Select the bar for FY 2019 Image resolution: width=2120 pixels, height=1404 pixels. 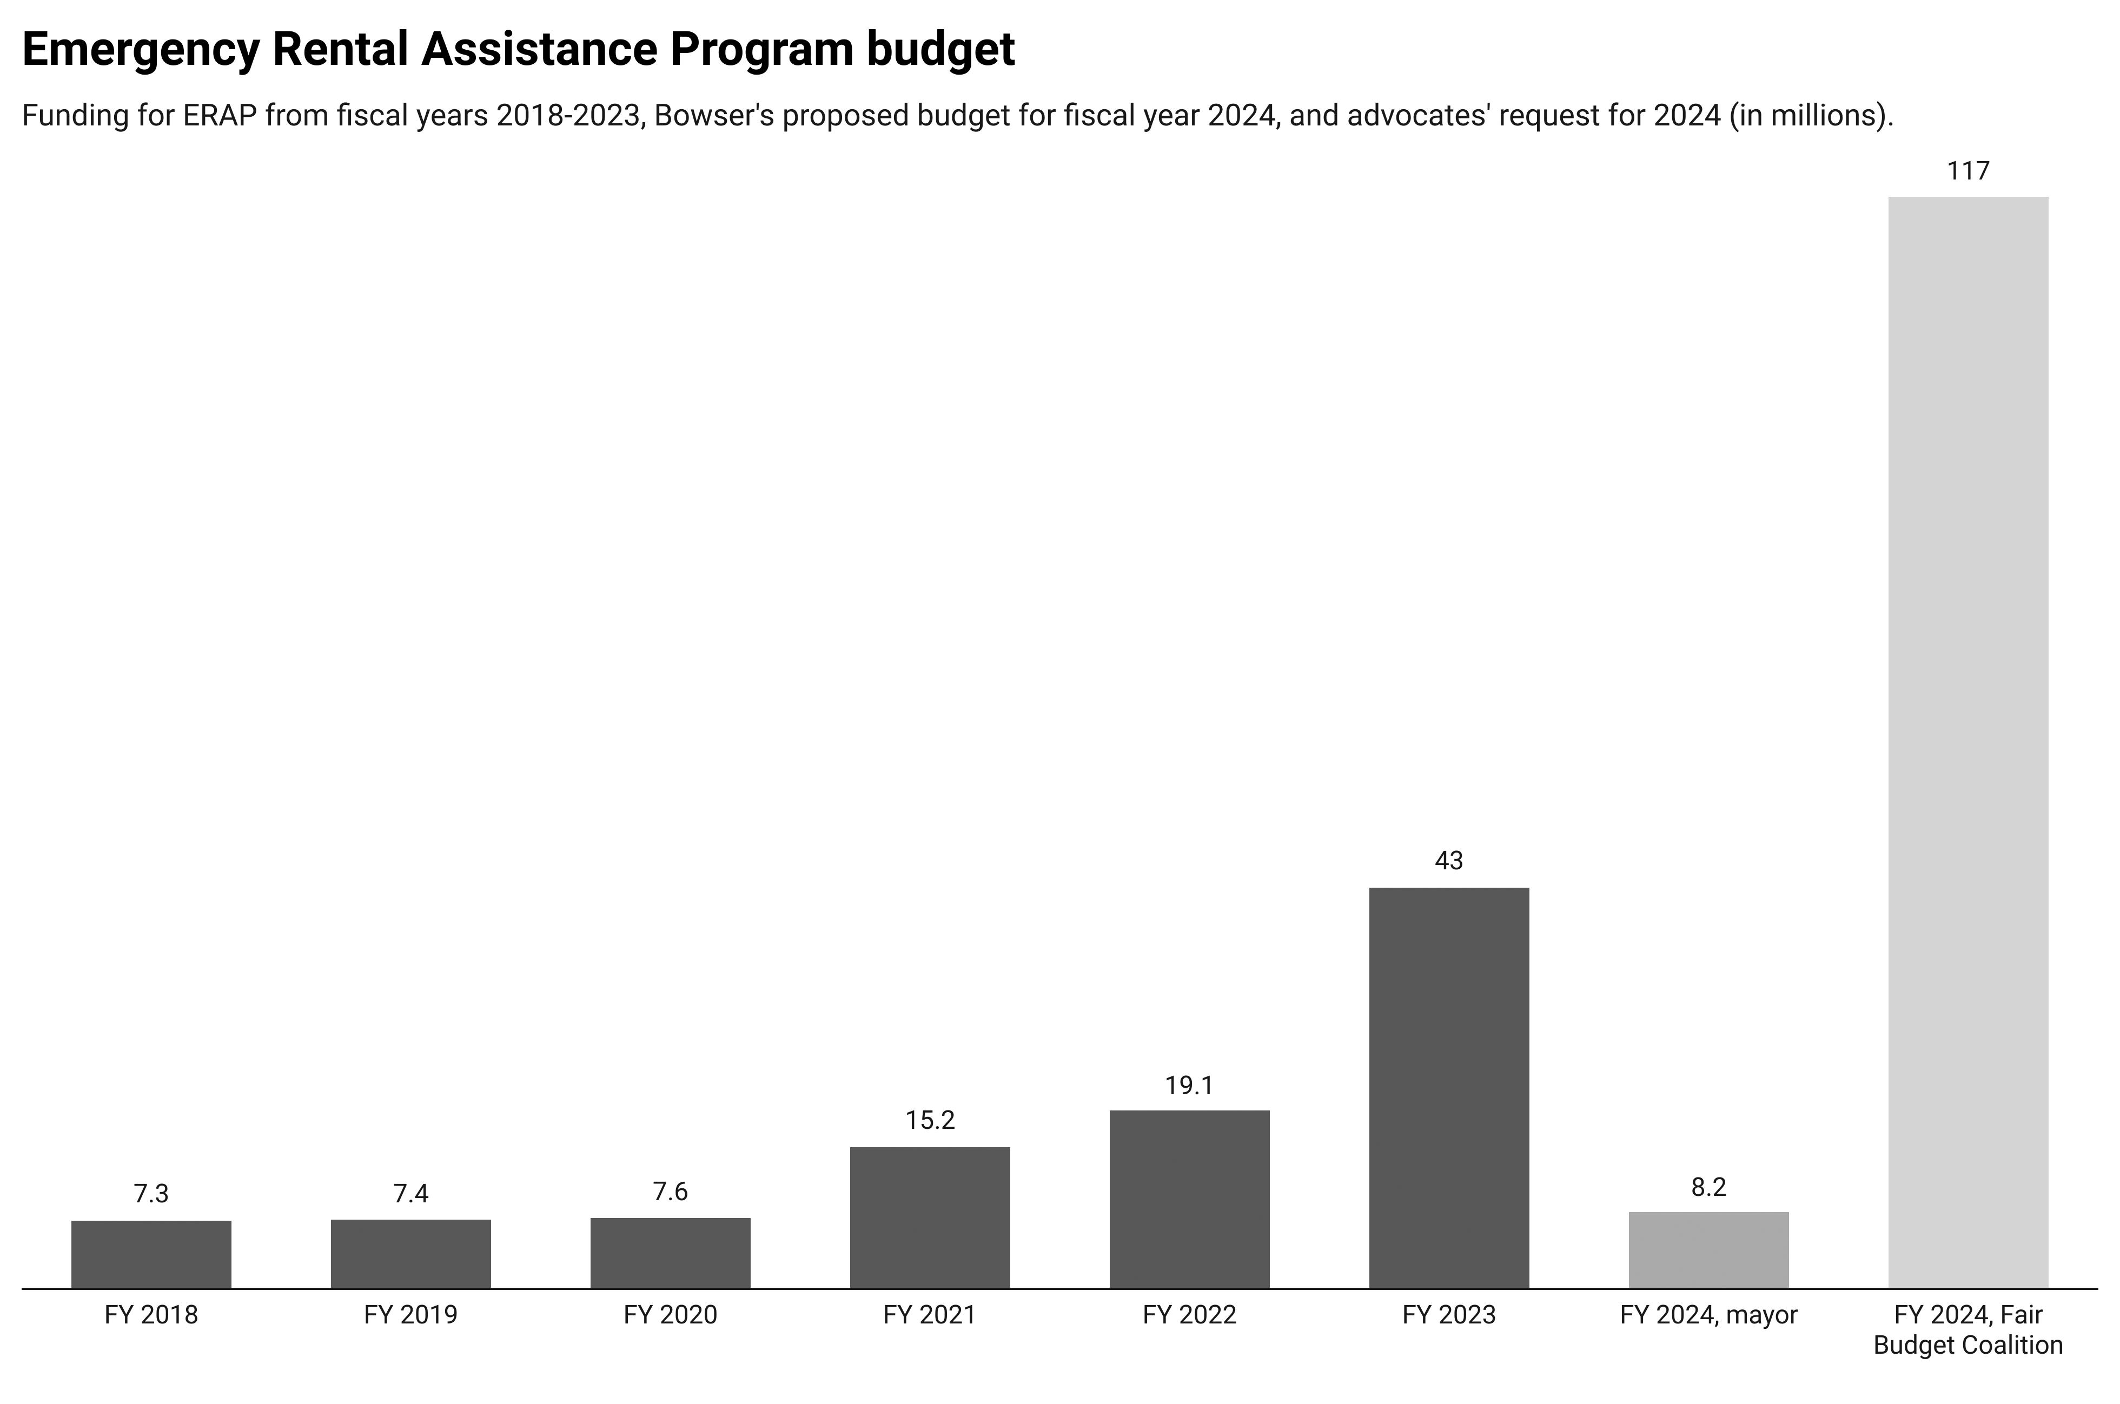(x=411, y=1254)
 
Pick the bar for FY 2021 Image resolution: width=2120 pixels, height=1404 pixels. (x=930, y=1217)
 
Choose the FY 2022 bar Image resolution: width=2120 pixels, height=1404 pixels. (x=1189, y=1199)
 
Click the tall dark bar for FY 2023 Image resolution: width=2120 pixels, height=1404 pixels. (x=1449, y=1087)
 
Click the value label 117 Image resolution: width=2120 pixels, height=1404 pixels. (x=1967, y=171)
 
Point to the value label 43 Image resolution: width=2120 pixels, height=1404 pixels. (x=1449, y=861)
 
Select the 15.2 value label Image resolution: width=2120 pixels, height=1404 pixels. (x=930, y=1120)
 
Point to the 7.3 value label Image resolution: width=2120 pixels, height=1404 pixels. (x=151, y=1194)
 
